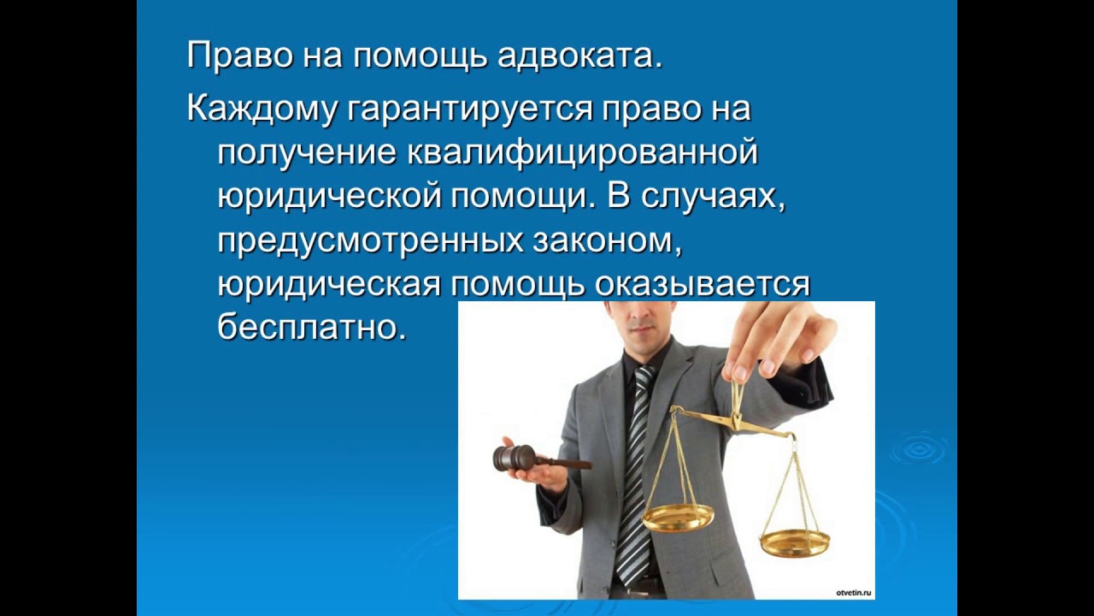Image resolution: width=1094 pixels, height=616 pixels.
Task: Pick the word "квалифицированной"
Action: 583,154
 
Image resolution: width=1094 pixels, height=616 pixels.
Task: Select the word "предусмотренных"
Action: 369,241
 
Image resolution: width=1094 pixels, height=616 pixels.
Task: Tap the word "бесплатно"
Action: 311,329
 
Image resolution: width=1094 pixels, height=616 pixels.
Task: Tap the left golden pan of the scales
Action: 678,516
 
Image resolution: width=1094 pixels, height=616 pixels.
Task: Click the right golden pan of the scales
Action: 794,542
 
